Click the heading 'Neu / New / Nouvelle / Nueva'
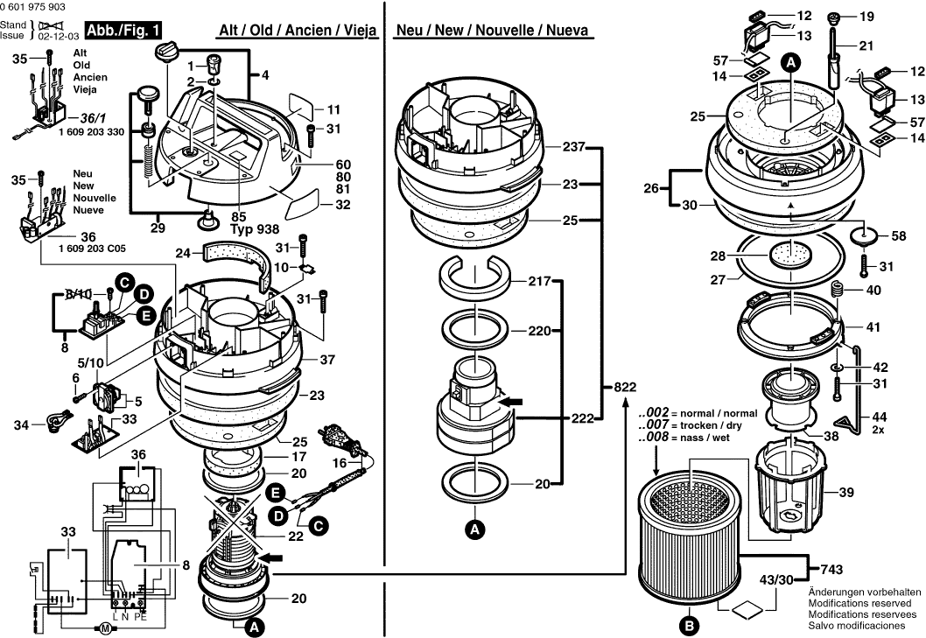point(492,31)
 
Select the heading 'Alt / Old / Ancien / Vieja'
point(297,31)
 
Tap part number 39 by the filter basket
point(845,493)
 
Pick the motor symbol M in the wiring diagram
point(102,627)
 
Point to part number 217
point(539,281)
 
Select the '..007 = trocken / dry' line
point(698,424)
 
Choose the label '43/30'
point(775,580)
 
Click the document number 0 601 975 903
point(33,6)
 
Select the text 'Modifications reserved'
point(864,603)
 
